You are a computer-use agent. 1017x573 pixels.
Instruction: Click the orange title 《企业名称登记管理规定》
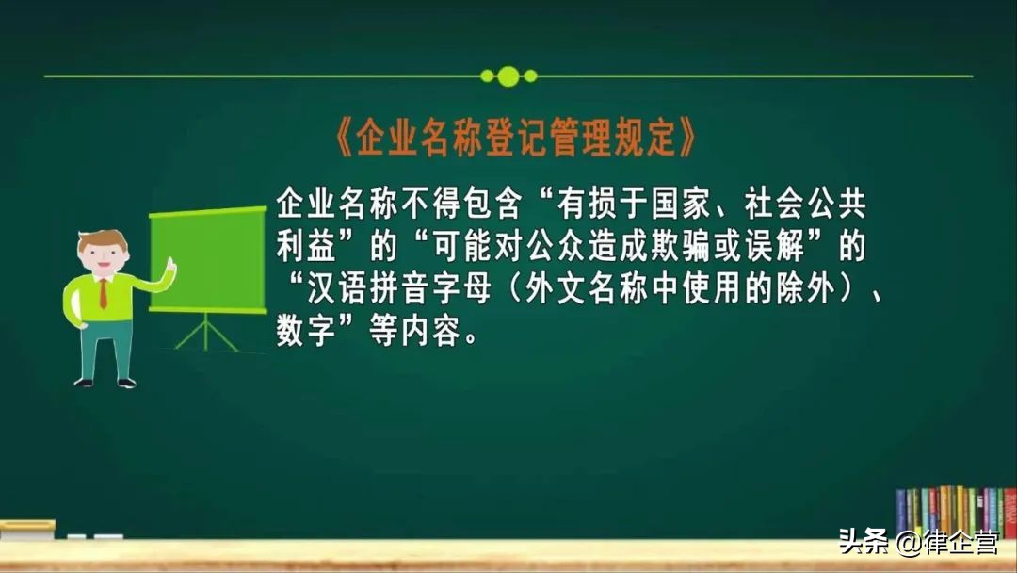point(516,139)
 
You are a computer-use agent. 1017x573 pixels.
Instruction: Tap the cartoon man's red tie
point(103,292)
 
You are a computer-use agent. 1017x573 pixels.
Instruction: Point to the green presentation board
point(208,259)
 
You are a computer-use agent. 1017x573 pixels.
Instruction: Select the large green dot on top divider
point(508,75)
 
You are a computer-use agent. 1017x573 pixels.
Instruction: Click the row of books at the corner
point(953,513)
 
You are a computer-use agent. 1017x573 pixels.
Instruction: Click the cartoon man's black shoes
point(105,383)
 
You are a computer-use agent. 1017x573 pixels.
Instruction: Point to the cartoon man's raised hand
point(170,267)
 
